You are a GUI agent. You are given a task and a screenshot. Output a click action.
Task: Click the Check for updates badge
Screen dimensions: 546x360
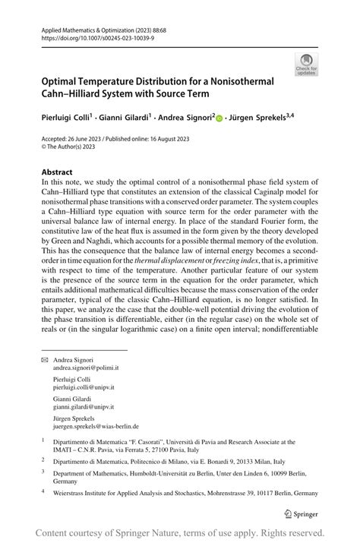(x=308, y=64)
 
